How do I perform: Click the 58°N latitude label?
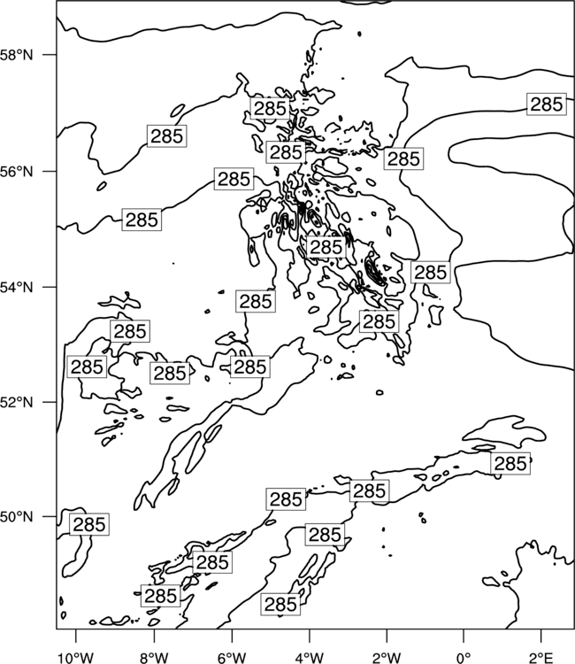pyautogui.click(x=17, y=55)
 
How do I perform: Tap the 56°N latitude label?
pyautogui.click(x=17, y=172)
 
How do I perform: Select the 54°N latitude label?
pyautogui.click(x=17, y=287)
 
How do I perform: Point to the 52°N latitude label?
pyautogui.click(x=17, y=402)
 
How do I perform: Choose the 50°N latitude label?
pyautogui.click(x=17, y=517)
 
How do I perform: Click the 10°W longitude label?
pyautogui.click(x=76, y=658)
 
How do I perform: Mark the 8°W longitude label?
pyautogui.click(x=154, y=658)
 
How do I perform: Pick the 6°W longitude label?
pyautogui.click(x=232, y=658)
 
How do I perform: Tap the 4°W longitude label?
pyautogui.click(x=309, y=658)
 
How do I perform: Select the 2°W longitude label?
pyautogui.click(x=387, y=658)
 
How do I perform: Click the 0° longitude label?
pyautogui.click(x=464, y=658)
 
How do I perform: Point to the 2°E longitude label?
pyautogui.click(x=541, y=658)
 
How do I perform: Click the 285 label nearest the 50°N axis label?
pyautogui.click(x=89, y=524)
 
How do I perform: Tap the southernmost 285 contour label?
pyautogui.click(x=280, y=605)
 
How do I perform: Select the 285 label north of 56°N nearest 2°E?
pyautogui.click(x=547, y=104)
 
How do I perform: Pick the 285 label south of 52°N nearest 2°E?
pyautogui.click(x=510, y=464)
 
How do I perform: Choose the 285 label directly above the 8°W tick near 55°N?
pyautogui.click(x=142, y=220)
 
